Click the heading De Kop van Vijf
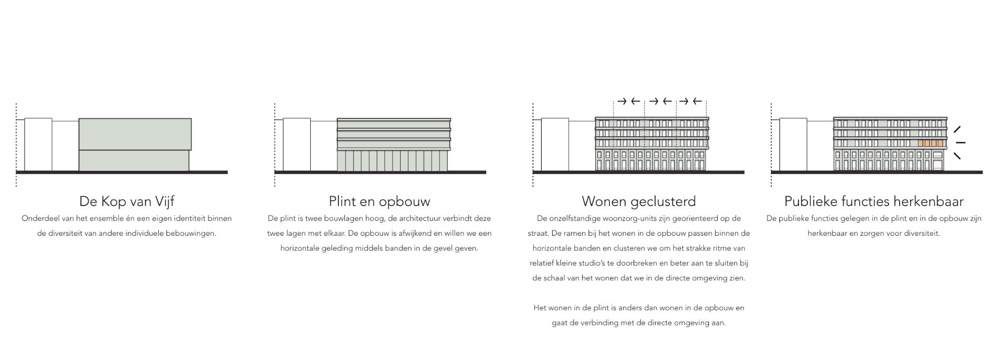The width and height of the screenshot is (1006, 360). click(x=127, y=201)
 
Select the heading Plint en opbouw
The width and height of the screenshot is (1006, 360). click(x=379, y=201)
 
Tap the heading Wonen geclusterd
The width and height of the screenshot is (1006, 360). click(x=639, y=201)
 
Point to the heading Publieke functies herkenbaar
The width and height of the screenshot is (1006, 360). click(x=874, y=201)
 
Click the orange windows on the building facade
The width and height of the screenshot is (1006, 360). click(x=931, y=143)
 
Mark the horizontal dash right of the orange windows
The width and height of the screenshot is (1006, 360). click(x=960, y=143)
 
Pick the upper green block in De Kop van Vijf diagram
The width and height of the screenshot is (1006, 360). click(x=135, y=134)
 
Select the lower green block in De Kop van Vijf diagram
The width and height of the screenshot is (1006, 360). click(x=134, y=160)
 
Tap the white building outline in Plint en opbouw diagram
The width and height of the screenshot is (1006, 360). click(x=297, y=145)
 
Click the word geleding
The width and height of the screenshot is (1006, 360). click(x=336, y=248)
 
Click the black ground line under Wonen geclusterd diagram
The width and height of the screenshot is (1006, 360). click(x=638, y=172)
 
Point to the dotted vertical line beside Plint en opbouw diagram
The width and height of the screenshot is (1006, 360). click(x=275, y=145)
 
